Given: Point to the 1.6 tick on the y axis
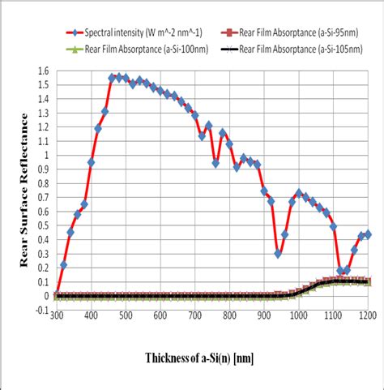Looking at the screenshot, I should (43, 71).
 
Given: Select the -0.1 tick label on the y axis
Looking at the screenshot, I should (41, 310).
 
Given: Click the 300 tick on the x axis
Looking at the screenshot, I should (56, 315).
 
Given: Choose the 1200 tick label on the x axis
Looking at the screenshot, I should (369, 315).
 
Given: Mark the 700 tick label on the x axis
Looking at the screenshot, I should (195, 315).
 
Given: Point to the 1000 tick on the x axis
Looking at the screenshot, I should (299, 315).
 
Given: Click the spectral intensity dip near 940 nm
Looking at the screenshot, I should (278, 254).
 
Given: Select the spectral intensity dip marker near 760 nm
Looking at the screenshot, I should (215, 163).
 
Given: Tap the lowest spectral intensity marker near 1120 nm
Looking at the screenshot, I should (340, 271).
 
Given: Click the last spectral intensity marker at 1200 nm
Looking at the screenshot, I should (368, 234).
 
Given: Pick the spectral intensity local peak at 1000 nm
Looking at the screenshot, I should (299, 193).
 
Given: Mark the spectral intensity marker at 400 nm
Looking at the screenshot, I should (91, 162).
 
